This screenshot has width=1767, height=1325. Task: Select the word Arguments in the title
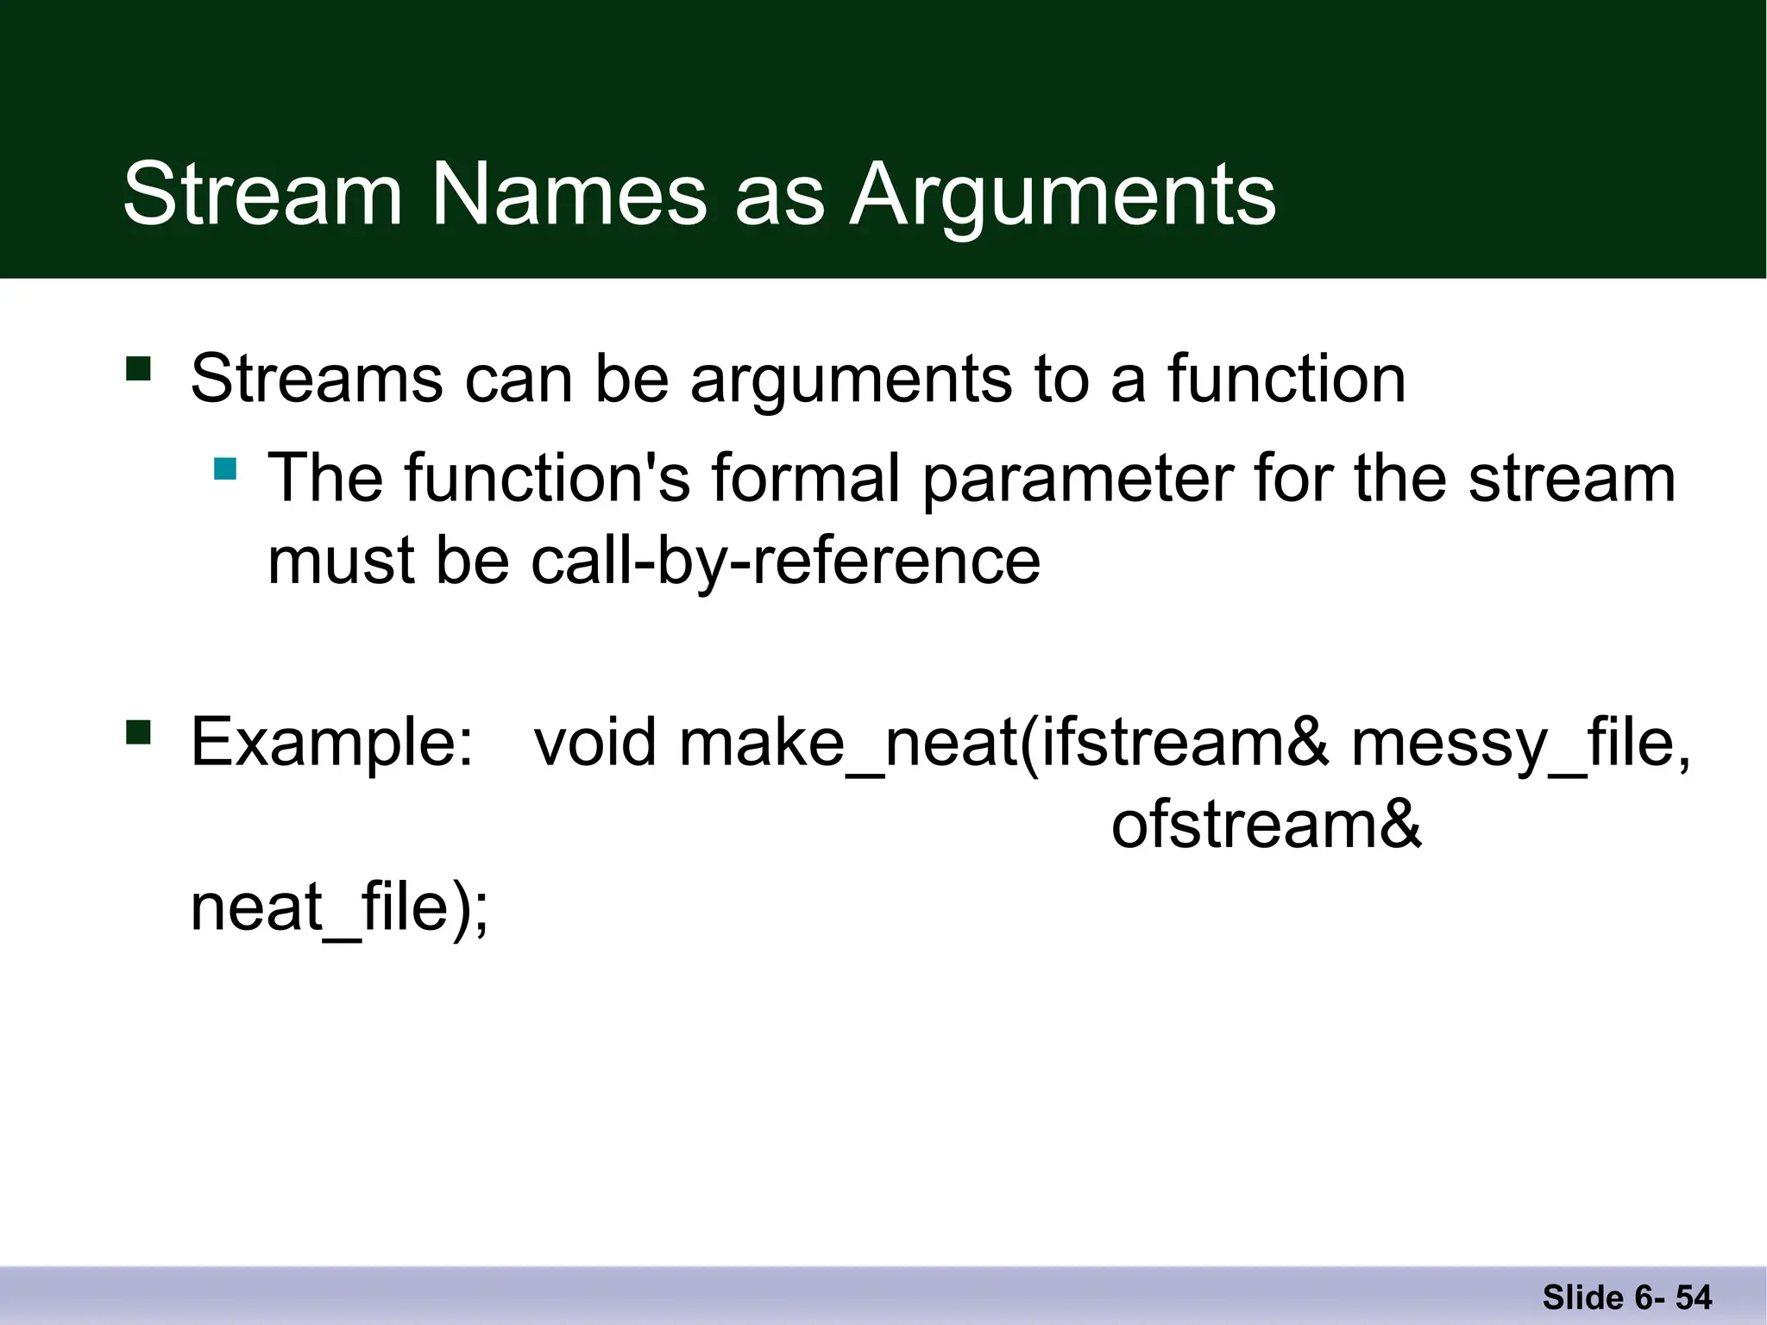pos(1062,197)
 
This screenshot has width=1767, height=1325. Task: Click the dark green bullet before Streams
pos(138,368)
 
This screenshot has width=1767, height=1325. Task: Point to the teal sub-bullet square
pos(225,468)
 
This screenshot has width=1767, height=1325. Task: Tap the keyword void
pos(595,742)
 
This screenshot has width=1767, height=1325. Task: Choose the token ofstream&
pos(1266,825)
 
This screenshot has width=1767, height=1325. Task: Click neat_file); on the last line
pos(339,907)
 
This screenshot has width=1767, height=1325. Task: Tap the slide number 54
pos(1694,1297)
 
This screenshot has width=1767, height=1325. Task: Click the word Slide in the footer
pos(1582,1297)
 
